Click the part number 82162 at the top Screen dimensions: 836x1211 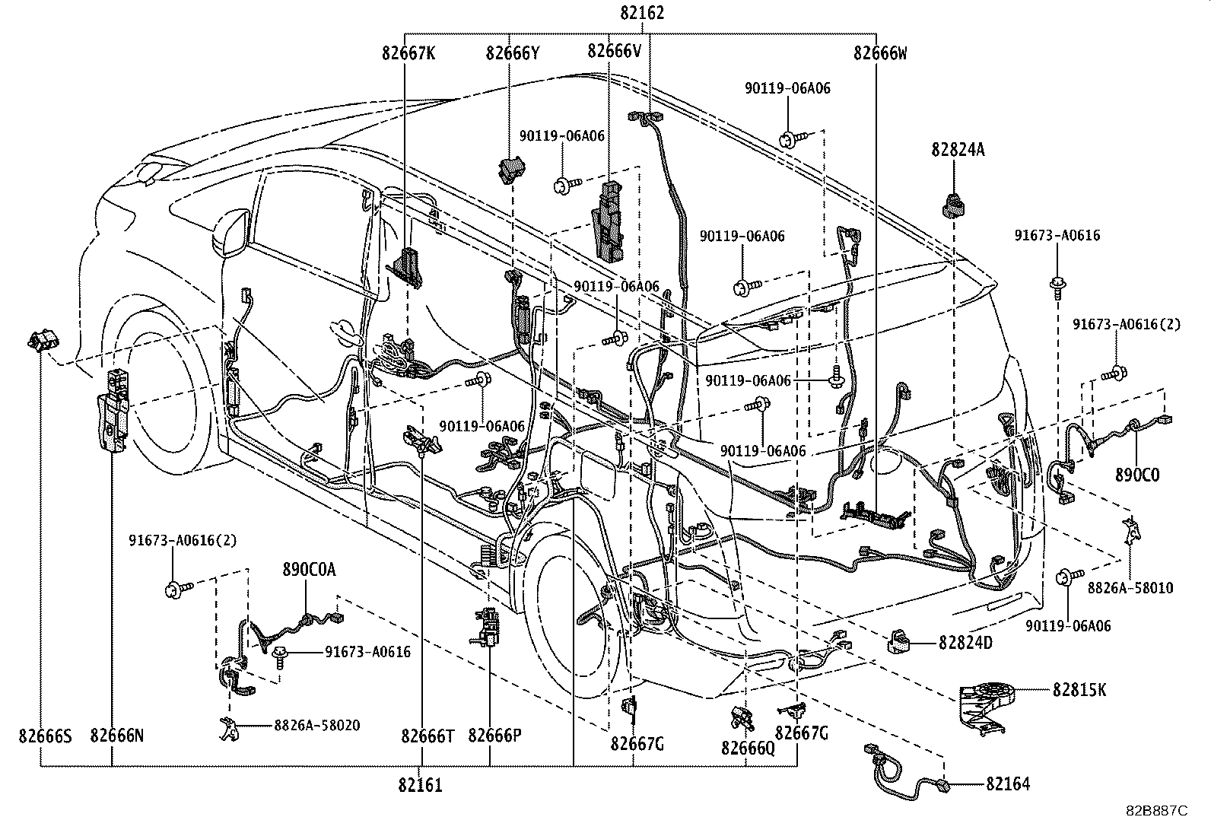(x=642, y=13)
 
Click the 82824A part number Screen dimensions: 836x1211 (x=957, y=150)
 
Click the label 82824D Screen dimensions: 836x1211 (x=965, y=643)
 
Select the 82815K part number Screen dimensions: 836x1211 (x=1079, y=690)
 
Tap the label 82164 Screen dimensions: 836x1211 (x=1008, y=784)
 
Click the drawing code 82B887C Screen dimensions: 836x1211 (x=1156, y=811)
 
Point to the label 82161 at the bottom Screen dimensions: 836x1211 (x=418, y=785)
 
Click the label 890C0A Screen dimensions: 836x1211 (x=308, y=569)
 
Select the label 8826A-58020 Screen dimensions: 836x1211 (x=317, y=726)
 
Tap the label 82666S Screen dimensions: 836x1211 (x=46, y=736)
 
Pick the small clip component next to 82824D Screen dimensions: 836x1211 (x=899, y=642)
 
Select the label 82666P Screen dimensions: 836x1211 (x=494, y=736)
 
